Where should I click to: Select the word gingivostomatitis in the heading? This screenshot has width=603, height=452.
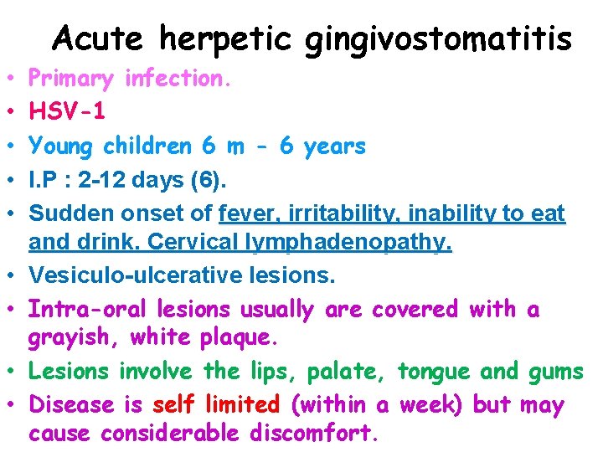click(439, 39)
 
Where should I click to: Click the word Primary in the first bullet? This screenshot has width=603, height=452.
click(71, 80)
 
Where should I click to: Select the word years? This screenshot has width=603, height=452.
click(334, 146)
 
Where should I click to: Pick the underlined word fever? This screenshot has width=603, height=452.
click(244, 214)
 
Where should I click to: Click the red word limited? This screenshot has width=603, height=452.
click(244, 404)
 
